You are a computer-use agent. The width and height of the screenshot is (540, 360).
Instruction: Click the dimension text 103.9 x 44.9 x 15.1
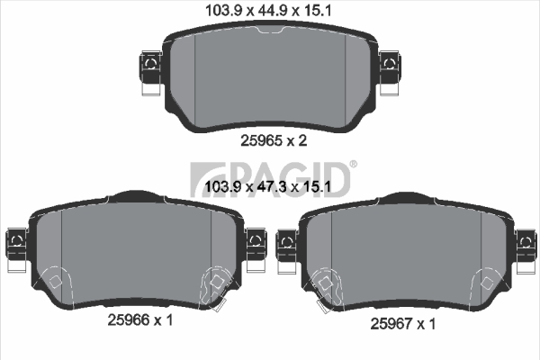point(268,10)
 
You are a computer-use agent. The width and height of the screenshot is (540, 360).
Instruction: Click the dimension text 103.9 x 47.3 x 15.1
point(267,187)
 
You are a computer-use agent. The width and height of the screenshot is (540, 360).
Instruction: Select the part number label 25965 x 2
point(274,140)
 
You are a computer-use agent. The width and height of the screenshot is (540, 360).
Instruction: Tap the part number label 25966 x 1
point(140,320)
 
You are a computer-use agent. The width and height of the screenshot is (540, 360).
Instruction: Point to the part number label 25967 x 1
point(403,324)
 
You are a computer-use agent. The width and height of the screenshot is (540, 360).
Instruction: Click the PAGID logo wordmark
point(270,179)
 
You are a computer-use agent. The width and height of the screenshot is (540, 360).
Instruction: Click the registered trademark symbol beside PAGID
point(354,165)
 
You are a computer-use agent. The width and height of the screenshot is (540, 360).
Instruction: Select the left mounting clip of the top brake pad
point(151,73)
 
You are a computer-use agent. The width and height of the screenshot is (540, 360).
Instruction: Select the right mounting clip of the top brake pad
point(390,73)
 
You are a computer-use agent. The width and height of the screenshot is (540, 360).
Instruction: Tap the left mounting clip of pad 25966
point(16,249)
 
